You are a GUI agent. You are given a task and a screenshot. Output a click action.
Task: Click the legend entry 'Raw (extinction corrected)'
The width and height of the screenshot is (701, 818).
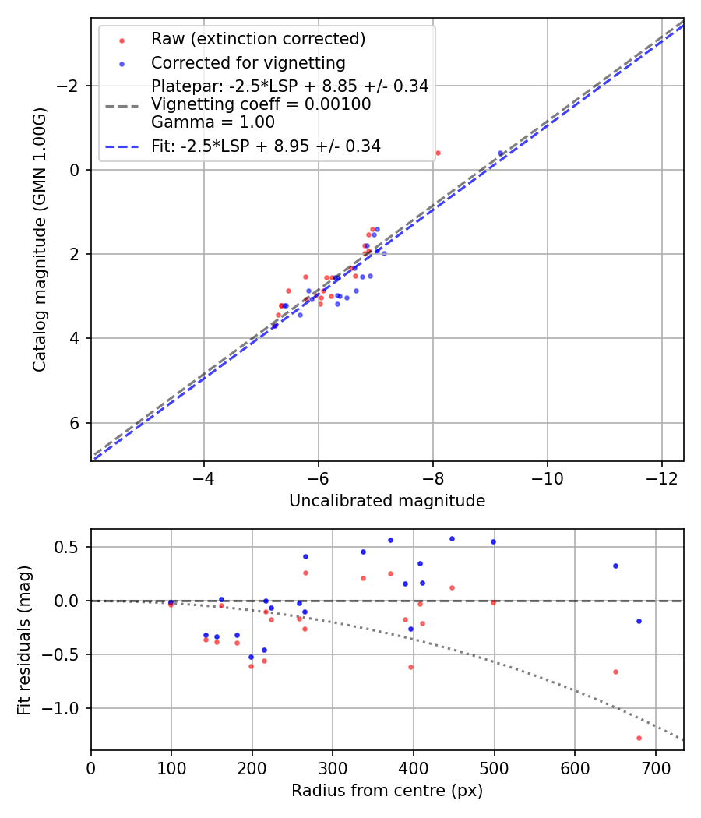click(258, 39)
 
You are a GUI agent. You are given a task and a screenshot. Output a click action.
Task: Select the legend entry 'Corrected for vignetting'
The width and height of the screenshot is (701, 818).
click(248, 62)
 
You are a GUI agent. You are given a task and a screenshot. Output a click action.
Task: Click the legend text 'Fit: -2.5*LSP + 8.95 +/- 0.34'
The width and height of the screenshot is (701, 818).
click(266, 146)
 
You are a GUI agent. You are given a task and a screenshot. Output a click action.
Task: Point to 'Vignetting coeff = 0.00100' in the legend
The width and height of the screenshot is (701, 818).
click(261, 104)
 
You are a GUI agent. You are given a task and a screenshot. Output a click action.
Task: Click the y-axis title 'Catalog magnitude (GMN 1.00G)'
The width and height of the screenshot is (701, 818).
click(40, 240)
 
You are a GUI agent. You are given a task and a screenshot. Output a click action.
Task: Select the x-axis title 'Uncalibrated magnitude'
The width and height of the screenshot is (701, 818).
click(387, 501)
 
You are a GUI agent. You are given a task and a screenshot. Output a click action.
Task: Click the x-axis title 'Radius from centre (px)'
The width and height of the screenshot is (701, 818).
click(387, 791)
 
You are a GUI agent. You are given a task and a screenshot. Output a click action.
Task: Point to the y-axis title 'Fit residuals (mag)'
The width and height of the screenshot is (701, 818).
click(24, 640)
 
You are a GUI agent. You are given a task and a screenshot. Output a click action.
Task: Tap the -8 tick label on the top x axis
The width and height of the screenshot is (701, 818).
click(433, 477)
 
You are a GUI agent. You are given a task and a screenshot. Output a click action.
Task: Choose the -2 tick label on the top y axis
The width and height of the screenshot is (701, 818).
click(69, 86)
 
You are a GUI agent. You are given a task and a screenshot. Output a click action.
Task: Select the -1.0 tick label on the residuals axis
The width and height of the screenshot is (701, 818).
click(66, 708)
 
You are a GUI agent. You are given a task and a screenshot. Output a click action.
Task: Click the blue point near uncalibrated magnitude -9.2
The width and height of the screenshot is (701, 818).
click(501, 153)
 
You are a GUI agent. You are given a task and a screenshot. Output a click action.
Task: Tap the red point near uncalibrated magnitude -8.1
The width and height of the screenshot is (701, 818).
click(438, 153)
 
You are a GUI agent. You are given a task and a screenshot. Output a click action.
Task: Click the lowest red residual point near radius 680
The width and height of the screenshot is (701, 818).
click(639, 738)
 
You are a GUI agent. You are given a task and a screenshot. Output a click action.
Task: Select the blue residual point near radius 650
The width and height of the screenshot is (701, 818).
click(615, 566)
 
